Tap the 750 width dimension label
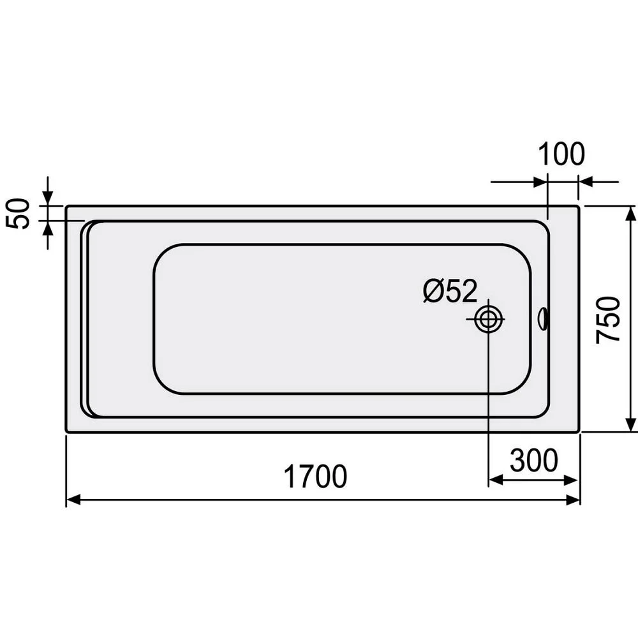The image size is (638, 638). pos(609,319)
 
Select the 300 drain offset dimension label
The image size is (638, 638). pos(534,460)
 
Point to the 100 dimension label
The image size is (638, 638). pos(561,154)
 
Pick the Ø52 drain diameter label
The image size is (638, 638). pos(450,292)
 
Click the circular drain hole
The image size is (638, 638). pos(489,319)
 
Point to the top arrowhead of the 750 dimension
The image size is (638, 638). pos(630,214)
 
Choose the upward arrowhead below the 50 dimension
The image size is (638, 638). pos(48,227)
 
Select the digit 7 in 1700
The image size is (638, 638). pos(302,477)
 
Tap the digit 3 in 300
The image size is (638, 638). pos(518,460)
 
